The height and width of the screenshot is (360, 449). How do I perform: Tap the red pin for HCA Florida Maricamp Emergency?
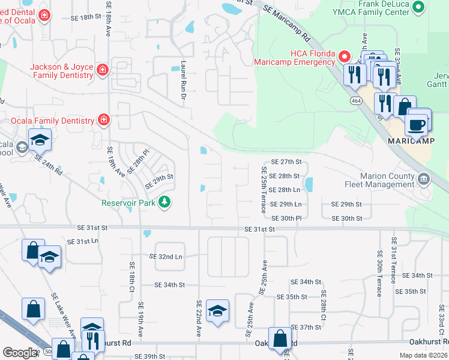(x=345, y=57)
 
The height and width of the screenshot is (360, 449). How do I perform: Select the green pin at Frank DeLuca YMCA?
(x=419, y=7)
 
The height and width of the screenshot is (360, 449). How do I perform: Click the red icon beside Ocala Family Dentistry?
(x=104, y=121)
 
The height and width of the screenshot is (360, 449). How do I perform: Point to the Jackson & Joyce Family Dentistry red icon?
(x=103, y=70)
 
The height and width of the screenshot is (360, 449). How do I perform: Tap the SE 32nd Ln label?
(x=165, y=256)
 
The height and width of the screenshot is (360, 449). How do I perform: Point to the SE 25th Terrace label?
(x=263, y=190)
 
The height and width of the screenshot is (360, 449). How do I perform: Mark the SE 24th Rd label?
(x=49, y=163)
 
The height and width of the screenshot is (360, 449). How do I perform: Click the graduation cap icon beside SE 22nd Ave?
(x=217, y=310)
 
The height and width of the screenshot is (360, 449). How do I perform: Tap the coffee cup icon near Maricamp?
(x=417, y=125)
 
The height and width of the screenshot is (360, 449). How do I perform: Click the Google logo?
(x=20, y=353)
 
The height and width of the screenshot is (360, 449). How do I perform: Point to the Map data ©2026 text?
(x=423, y=355)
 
